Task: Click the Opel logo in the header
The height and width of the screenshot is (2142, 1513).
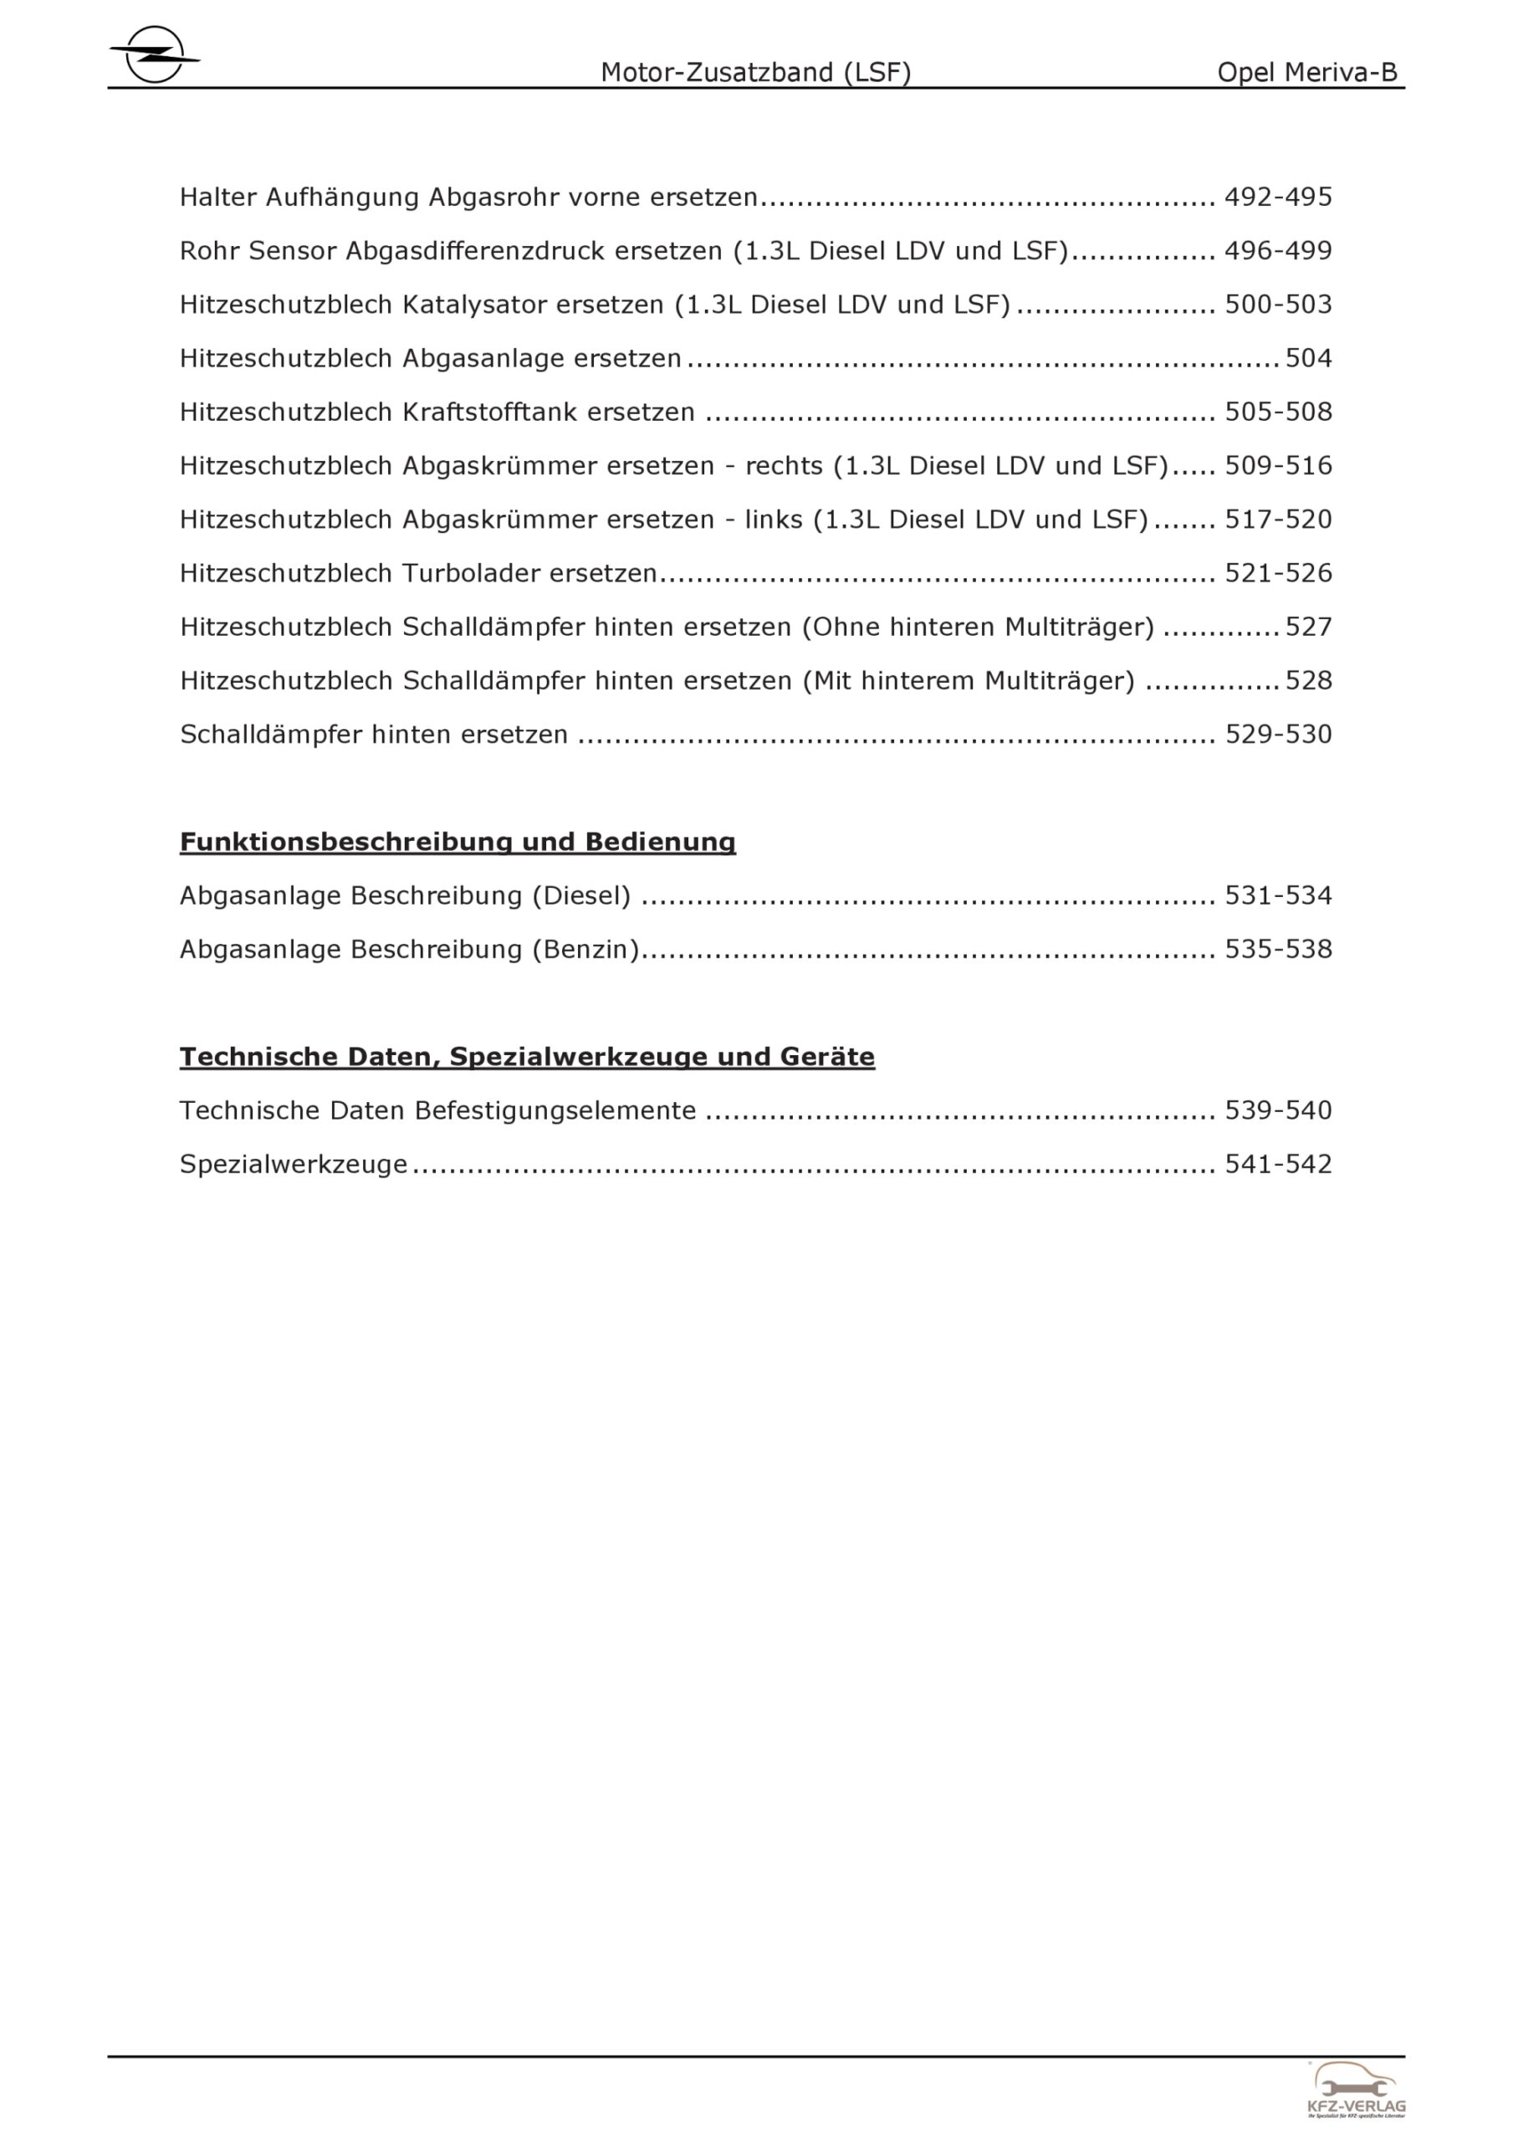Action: (154, 55)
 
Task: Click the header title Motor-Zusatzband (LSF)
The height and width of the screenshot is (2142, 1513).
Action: (755, 73)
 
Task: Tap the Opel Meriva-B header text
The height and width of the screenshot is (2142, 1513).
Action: (1307, 73)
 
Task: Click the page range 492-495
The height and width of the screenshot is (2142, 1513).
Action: (1278, 197)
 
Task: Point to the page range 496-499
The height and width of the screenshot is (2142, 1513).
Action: (1278, 251)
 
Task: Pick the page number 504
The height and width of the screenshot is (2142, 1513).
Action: (1309, 358)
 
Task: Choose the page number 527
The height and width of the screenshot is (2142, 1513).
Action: (1309, 627)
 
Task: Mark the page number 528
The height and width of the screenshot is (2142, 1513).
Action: (1309, 681)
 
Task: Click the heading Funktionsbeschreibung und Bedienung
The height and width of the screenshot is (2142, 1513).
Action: (457, 842)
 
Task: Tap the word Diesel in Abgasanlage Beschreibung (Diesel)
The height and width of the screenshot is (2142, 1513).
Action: (581, 895)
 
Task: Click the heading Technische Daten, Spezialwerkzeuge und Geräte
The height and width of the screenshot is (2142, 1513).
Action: (527, 1057)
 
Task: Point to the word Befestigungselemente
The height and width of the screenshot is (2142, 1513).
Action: (555, 1111)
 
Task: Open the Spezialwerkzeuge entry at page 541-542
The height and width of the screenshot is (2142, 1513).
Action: (294, 1164)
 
